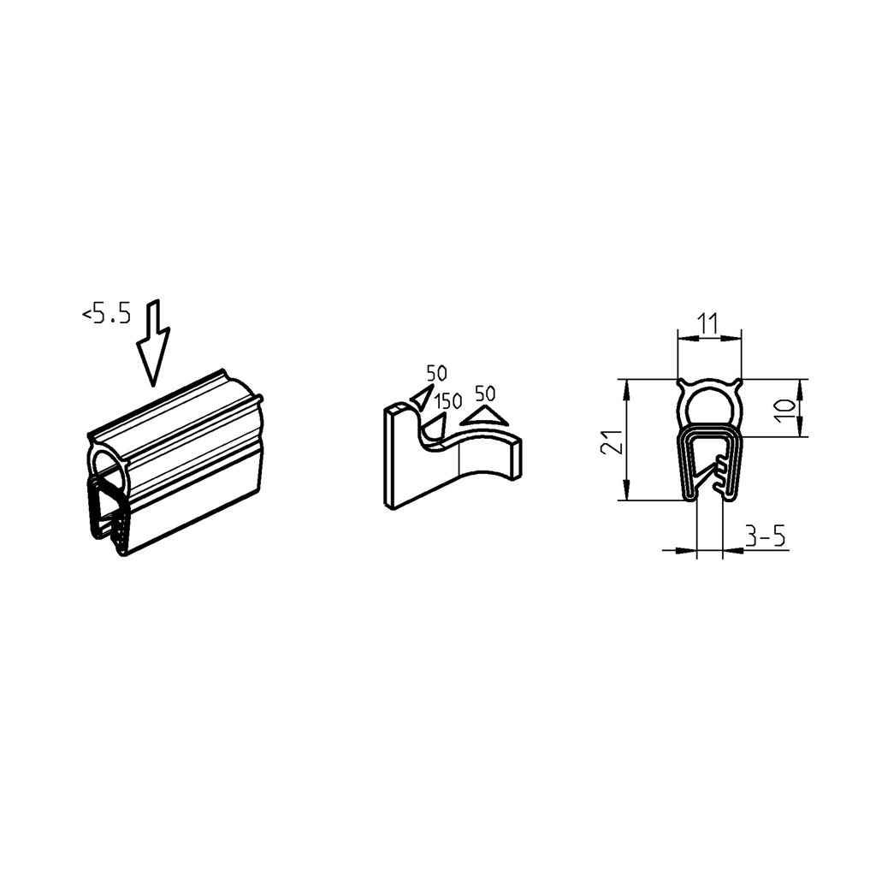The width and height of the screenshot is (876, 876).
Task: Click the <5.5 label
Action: click(107, 315)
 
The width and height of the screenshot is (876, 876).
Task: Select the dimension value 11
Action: click(707, 323)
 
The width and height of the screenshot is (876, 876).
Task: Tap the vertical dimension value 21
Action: click(609, 441)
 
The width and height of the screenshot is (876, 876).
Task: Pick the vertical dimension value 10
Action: click(784, 408)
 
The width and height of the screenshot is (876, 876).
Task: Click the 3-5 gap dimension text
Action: click(765, 537)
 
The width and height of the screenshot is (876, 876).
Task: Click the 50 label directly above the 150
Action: click(436, 373)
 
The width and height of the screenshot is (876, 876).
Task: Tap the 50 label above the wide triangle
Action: click(485, 394)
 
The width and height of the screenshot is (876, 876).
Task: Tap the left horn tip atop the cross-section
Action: click(679, 382)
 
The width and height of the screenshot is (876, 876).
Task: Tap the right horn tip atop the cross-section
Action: click(739, 382)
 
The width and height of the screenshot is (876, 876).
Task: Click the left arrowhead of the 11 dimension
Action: click(683, 338)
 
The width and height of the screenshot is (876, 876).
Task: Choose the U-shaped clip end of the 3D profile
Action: click(109, 513)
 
